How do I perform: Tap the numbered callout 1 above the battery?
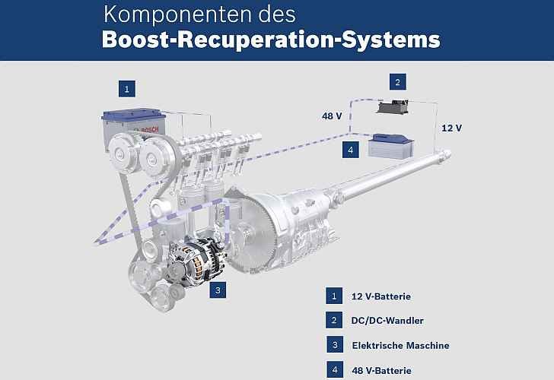pos(129,89)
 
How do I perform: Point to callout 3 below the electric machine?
pos(217,290)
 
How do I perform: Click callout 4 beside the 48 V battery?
pos(349,150)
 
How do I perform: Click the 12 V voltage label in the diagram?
pos(451,128)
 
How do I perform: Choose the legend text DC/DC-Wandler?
pos(388,320)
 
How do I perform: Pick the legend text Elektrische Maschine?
pos(400,345)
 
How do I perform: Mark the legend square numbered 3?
pos(333,345)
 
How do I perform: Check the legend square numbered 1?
pos(333,296)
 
